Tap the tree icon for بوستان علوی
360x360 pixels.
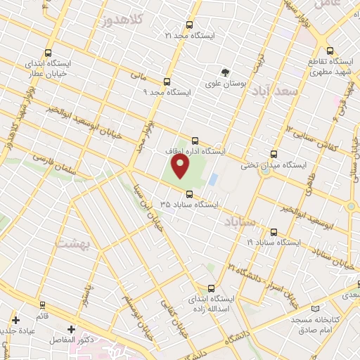click(x=224, y=72)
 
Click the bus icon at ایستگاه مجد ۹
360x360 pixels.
click(x=167, y=81)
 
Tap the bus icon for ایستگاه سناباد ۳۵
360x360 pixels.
click(x=188, y=195)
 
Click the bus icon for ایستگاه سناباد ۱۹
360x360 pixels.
click(x=274, y=231)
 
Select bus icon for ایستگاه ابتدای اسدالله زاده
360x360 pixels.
click(x=212, y=288)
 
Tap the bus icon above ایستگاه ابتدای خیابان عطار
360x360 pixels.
click(x=47, y=53)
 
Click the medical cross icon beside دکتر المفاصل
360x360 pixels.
click(x=71, y=328)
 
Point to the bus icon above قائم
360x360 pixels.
click(x=42, y=305)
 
